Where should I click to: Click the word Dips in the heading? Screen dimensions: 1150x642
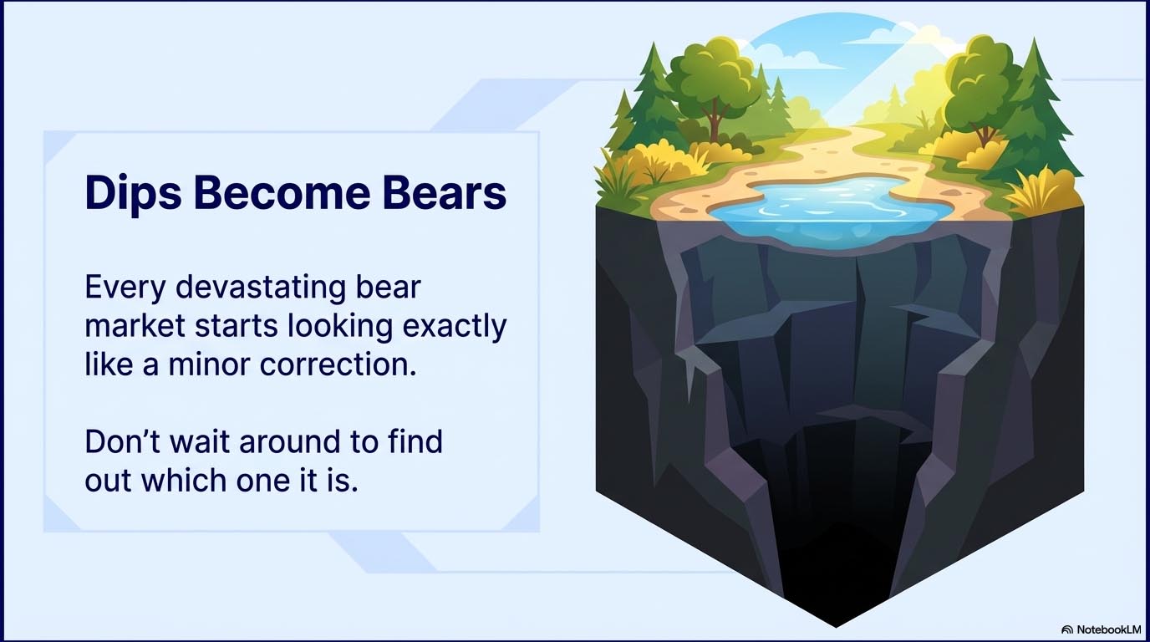pyautogui.click(x=133, y=193)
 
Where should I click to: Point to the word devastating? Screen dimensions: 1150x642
pyautogui.click(x=261, y=288)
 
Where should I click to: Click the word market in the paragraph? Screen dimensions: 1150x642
pyautogui.click(x=135, y=327)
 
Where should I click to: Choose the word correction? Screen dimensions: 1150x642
pyautogui.click(x=338, y=364)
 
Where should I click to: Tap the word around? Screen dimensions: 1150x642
pyautogui.click(x=289, y=441)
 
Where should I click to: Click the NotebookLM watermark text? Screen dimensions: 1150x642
pyautogui.click(x=1108, y=629)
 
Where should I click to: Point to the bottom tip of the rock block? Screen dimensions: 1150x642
pyautogui.click(x=836, y=627)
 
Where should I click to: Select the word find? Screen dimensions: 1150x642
pyautogui.click(x=415, y=441)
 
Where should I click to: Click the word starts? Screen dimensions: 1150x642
pyautogui.click(x=236, y=327)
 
